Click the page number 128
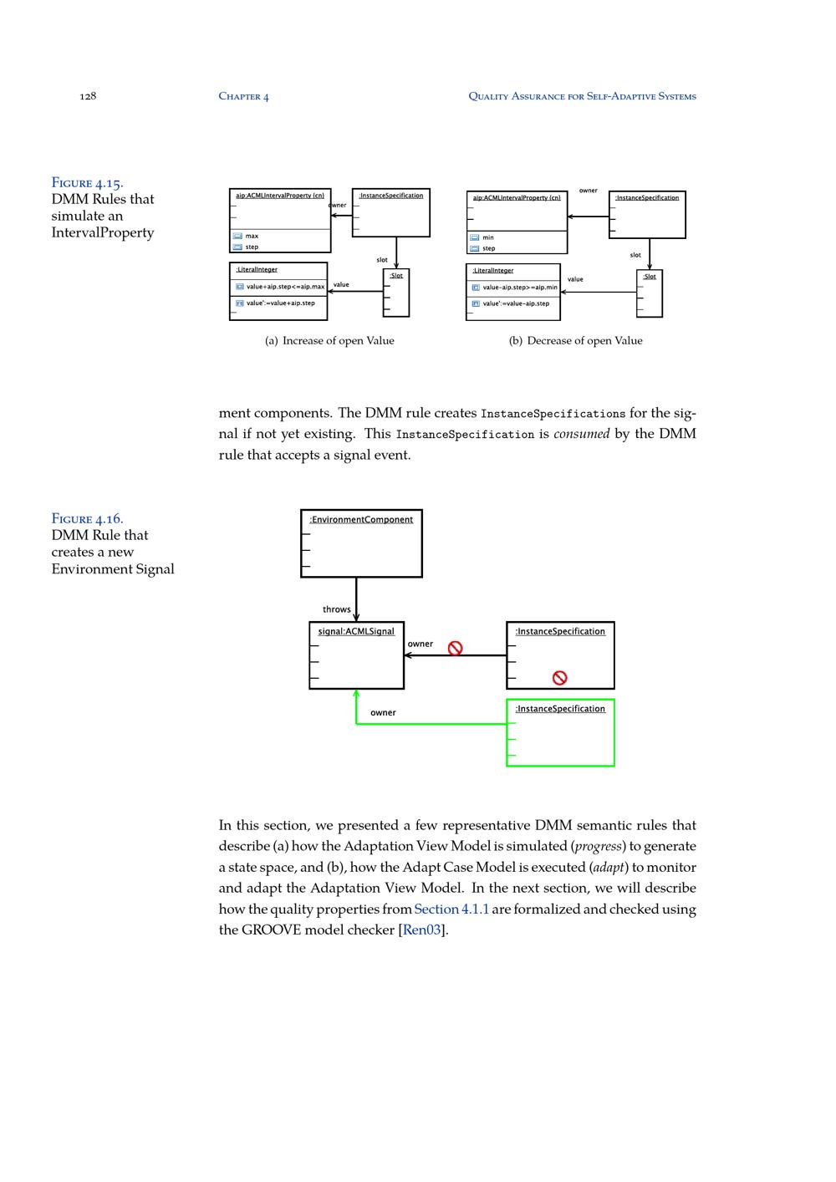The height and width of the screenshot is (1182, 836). point(88,96)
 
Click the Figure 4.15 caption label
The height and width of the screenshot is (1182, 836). point(87,182)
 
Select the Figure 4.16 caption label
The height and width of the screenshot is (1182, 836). point(87,518)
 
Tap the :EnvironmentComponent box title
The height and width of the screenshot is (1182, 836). point(361,520)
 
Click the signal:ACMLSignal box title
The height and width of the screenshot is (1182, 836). point(356,631)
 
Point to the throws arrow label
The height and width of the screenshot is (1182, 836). point(337,609)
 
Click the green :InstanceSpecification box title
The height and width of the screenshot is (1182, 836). point(560,709)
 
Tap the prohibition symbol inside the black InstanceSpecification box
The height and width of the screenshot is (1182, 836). point(560,678)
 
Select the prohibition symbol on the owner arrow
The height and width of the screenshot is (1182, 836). point(455,648)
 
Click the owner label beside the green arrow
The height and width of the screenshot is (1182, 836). point(383,713)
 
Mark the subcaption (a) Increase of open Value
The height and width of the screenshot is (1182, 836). point(329,341)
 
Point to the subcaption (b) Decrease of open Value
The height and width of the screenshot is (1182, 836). point(576,341)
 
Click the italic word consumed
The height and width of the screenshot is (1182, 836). point(581,434)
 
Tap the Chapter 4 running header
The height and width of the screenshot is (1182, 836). point(243,96)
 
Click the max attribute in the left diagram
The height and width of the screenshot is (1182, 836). point(252,237)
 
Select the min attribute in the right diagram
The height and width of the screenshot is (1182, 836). point(488,237)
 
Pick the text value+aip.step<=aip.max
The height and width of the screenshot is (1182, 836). point(285,287)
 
